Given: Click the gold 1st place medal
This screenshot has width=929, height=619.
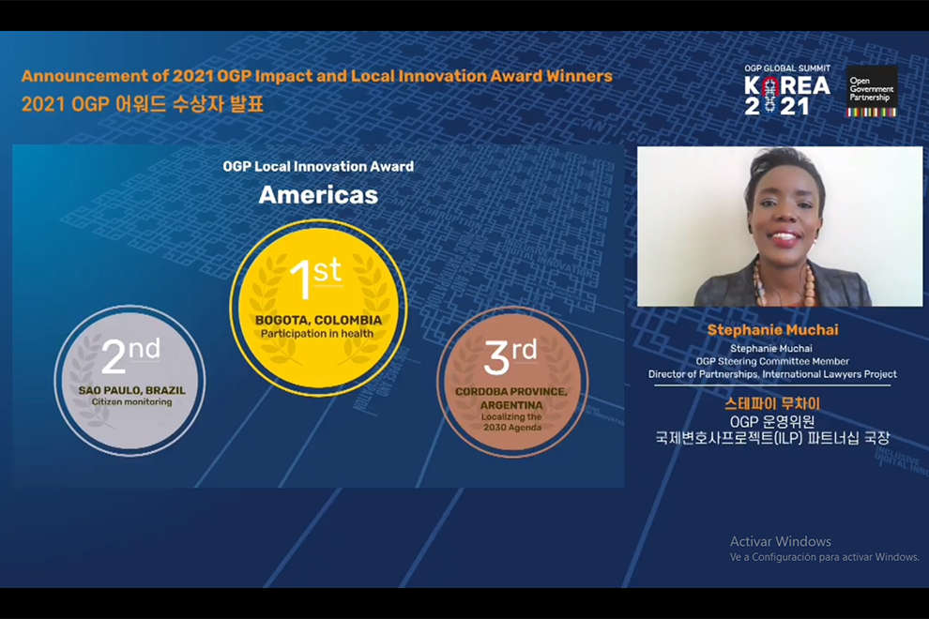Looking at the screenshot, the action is tap(318, 308).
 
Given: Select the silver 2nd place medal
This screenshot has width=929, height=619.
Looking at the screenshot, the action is tap(130, 380).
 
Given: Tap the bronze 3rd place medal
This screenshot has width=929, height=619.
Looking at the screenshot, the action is tap(512, 382).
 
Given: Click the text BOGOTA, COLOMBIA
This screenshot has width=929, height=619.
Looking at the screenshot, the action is tap(318, 320).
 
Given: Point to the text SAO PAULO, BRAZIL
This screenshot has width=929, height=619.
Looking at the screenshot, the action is tap(131, 390).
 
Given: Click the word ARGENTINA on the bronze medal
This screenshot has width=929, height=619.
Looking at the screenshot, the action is tap(511, 405).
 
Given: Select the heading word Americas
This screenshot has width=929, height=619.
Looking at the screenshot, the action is tap(318, 195).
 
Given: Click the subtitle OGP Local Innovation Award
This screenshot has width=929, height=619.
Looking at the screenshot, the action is tap(318, 166).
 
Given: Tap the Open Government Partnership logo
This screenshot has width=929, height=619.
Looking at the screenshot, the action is tap(872, 91).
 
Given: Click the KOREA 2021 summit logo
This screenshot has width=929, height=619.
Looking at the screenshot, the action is tap(787, 89).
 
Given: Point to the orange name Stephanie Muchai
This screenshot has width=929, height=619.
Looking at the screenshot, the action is tap(772, 330).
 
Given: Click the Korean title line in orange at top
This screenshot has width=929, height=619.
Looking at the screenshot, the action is tap(143, 104).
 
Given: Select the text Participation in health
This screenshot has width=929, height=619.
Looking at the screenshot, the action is tap(317, 334).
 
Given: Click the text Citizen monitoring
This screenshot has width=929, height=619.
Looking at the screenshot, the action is tap(131, 401).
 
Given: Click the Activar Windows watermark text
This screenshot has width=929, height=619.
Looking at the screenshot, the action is tap(781, 541).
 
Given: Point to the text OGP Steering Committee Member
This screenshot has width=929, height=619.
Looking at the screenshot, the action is tap(772, 361).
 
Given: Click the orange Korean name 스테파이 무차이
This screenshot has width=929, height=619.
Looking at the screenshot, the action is tap(772, 404).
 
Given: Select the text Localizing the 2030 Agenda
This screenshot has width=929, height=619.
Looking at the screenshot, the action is tap(512, 422).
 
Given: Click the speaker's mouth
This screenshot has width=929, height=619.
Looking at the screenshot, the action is tap(784, 238).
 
